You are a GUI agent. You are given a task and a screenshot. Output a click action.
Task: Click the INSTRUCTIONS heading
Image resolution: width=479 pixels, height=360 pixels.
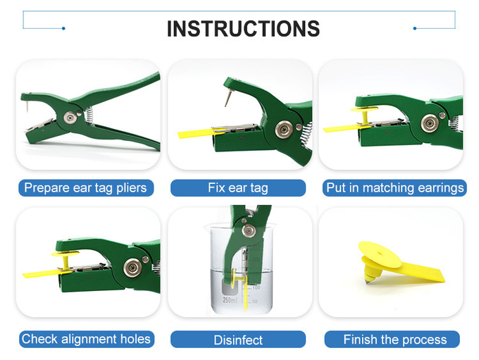[x=243, y=29]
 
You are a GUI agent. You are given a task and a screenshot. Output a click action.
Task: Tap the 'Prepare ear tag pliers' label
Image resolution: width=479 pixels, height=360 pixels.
[x=85, y=187]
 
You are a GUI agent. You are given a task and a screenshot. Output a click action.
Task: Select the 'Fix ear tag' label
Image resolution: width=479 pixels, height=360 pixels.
[x=238, y=187]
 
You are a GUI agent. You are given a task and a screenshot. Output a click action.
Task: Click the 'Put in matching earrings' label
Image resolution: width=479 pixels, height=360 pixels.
[x=394, y=187]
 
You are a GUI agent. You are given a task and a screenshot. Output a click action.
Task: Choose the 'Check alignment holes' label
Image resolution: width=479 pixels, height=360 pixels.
[x=86, y=339]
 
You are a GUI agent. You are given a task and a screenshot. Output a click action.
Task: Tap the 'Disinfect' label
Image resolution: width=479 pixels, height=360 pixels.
[x=238, y=340]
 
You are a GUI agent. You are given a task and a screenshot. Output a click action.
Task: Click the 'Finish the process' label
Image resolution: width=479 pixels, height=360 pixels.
[x=395, y=340]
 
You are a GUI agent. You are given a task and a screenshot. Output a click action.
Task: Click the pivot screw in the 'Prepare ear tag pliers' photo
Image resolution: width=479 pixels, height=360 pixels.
[x=70, y=118]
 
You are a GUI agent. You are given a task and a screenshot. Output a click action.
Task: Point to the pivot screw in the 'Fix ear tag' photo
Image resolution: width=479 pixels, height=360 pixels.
[x=284, y=130]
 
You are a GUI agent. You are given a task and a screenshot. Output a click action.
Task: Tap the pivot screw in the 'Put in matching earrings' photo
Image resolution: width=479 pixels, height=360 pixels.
[x=430, y=123]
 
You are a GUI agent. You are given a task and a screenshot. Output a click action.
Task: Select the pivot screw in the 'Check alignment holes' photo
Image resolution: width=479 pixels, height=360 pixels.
[x=132, y=268]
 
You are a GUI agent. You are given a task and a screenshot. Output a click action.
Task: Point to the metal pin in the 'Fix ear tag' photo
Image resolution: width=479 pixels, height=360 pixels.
[x=228, y=97]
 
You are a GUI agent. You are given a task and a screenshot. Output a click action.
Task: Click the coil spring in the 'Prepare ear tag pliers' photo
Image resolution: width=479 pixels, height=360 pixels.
[x=89, y=116]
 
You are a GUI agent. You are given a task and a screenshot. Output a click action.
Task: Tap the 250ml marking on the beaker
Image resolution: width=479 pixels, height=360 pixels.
[x=230, y=300]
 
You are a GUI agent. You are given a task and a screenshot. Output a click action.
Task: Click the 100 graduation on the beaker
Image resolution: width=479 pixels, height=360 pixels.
[x=256, y=287]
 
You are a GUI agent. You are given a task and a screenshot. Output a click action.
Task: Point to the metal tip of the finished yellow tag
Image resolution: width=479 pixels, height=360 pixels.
[x=368, y=281]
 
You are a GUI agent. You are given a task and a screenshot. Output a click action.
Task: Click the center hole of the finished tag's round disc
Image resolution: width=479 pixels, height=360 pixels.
[x=380, y=254]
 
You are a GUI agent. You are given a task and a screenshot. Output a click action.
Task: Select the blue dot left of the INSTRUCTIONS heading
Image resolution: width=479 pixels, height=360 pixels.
[x=63, y=28]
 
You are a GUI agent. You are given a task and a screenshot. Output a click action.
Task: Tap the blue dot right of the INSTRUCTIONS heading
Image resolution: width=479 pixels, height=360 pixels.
[x=414, y=28]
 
